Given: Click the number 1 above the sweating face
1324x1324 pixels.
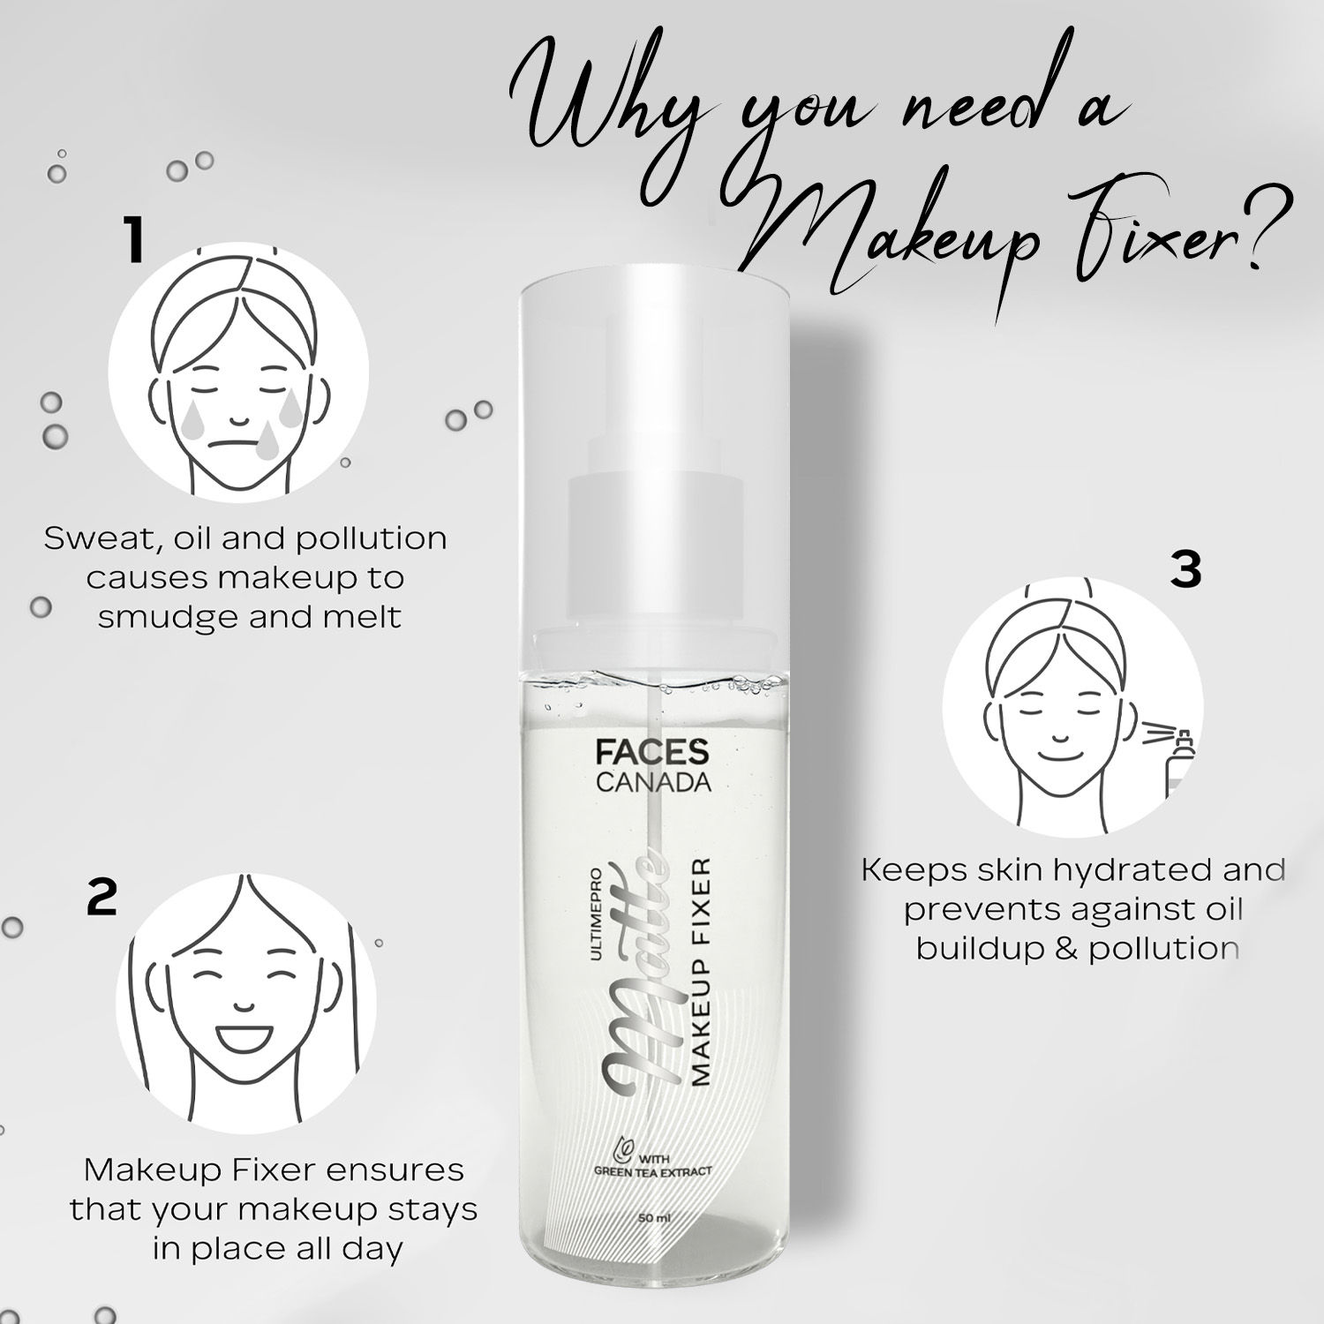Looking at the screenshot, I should [134, 243].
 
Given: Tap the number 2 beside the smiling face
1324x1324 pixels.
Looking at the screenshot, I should [102, 897].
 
